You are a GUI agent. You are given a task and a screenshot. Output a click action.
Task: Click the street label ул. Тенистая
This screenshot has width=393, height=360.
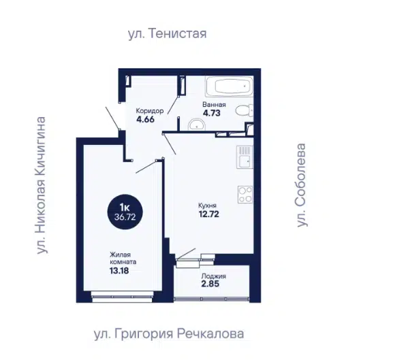(167, 33)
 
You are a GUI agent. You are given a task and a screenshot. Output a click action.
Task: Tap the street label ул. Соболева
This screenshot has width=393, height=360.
(301, 185)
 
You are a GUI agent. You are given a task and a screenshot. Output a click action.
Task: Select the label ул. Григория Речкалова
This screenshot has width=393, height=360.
(169, 333)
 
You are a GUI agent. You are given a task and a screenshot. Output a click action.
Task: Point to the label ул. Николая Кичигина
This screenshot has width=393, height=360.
(41, 185)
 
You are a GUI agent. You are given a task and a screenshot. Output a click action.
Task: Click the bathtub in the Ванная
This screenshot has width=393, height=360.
(230, 86)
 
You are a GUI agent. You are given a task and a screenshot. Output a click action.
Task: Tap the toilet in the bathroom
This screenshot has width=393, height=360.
(244, 110)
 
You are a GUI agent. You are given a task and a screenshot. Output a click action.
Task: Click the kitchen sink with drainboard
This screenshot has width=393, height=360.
(245, 157)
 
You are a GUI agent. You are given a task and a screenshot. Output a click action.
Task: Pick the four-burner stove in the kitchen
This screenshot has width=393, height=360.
(245, 195)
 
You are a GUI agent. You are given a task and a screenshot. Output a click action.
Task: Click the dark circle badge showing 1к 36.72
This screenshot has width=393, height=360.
(125, 212)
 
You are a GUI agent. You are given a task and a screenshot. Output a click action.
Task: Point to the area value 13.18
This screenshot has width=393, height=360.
(119, 271)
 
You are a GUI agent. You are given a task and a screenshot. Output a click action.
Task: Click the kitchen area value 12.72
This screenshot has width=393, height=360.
(209, 214)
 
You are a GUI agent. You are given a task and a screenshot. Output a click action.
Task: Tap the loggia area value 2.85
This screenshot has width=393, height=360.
(210, 284)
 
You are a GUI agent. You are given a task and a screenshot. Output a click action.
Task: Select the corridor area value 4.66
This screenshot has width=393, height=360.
(145, 119)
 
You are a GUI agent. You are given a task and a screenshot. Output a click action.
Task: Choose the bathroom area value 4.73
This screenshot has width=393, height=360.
(212, 113)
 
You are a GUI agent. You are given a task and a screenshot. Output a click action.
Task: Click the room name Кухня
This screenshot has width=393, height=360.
(207, 206)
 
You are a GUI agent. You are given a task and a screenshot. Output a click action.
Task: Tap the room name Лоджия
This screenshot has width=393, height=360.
(214, 276)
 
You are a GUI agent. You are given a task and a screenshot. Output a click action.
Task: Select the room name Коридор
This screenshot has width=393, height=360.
(150, 111)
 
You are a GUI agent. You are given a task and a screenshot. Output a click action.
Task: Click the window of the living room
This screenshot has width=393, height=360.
(123, 297)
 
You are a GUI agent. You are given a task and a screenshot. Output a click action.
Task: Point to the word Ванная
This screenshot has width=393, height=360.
(214, 105)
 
